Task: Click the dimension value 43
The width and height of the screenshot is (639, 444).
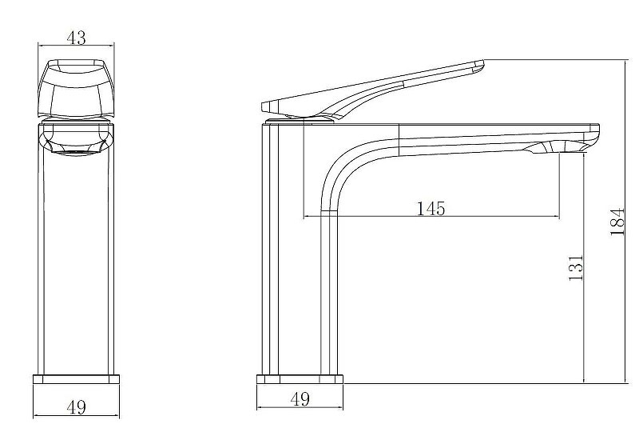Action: (76, 38)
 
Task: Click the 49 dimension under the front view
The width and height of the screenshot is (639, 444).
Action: (76, 407)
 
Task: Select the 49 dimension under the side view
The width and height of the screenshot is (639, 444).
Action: (300, 398)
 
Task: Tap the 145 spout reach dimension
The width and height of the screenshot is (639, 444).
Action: (431, 208)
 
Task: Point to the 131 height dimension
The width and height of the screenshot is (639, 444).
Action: (576, 268)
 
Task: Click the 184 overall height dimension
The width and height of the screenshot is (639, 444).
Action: (617, 222)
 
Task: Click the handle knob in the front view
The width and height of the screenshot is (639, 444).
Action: (76, 90)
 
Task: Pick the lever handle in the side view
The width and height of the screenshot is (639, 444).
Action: (372, 90)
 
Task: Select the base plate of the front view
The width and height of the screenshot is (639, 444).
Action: (76, 379)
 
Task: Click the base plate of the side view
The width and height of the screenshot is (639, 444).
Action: (300, 379)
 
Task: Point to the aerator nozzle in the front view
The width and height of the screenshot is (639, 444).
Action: (76, 153)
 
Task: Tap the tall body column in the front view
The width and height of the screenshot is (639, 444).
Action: (76, 249)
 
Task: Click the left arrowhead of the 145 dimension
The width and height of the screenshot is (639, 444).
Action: (307, 216)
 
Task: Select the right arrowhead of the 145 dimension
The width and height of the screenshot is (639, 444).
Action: (557, 216)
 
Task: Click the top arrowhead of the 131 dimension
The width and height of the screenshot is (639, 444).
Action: (584, 156)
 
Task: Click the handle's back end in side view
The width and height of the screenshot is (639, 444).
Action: (264, 107)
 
